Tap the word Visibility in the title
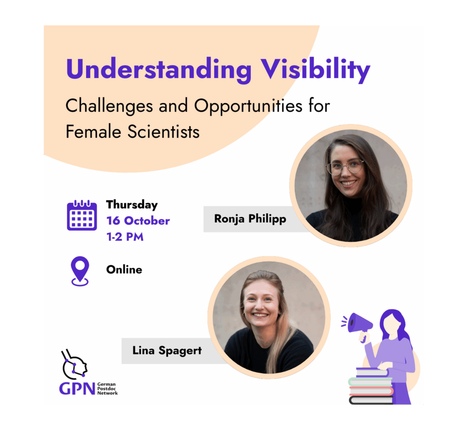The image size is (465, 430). click(x=315, y=70)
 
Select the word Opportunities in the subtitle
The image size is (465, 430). click(x=248, y=106)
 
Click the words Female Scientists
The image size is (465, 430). click(x=133, y=132)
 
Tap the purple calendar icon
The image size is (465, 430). click(x=82, y=215)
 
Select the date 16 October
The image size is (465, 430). click(x=138, y=221)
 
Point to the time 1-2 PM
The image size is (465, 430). click(x=125, y=236)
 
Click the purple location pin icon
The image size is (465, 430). click(x=80, y=271)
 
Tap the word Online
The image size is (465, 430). click(x=124, y=269)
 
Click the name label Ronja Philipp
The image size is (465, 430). click(x=250, y=219)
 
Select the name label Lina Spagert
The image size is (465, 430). click(x=167, y=350)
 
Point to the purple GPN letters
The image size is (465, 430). click(x=77, y=389)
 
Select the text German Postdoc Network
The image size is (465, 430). click(x=107, y=389)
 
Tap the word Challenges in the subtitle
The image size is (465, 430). click(x=109, y=106)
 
